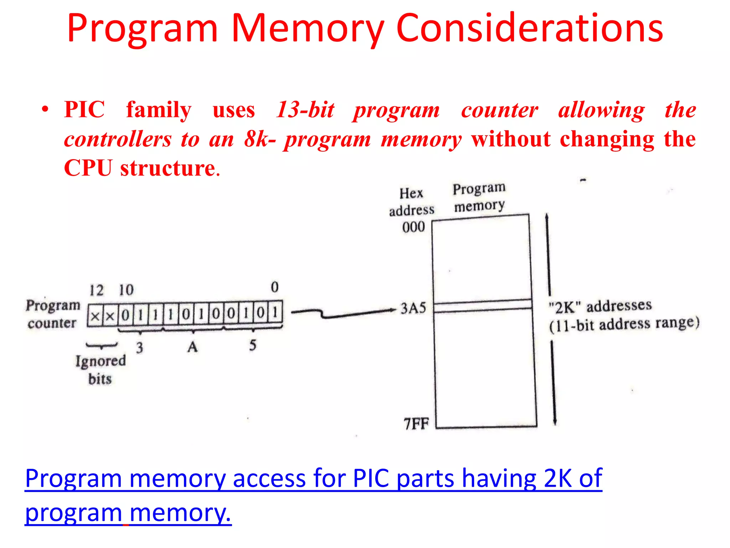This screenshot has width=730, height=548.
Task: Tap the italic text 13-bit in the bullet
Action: coord(305,110)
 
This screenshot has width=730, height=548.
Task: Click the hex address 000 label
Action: coord(413,227)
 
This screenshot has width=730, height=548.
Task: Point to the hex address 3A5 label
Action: coord(413,308)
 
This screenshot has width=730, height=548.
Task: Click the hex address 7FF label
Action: coord(416,424)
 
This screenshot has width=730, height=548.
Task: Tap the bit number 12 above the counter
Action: coord(96,290)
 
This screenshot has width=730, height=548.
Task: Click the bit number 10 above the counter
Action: coord(126,290)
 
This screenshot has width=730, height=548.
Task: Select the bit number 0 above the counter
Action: coord(274,287)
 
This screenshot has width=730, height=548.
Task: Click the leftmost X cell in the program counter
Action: coord(95,316)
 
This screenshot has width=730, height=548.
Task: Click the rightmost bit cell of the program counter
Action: coord(275,313)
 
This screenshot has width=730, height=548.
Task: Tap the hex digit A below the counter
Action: coord(192,347)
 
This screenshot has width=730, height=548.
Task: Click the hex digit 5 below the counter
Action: coord(253,345)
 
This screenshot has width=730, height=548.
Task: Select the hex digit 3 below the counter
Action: coord(139,347)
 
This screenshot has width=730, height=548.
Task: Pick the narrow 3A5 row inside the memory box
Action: coord(483,306)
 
